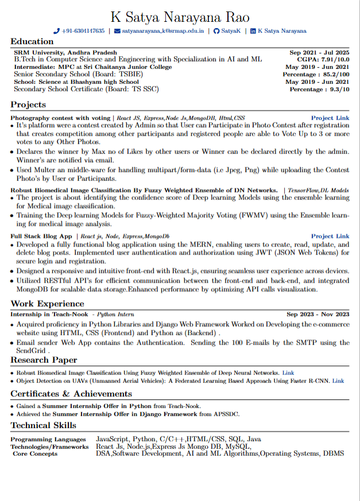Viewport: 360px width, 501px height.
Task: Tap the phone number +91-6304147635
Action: point(83,31)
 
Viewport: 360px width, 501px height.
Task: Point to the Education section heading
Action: point(32,41)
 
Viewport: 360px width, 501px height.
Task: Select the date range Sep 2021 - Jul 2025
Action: point(319,52)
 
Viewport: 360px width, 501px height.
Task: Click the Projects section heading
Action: point(28,105)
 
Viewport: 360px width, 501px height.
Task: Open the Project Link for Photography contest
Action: point(330,117)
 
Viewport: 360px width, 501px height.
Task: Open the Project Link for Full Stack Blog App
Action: point(330,236)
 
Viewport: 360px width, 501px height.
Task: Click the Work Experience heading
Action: point(47,304)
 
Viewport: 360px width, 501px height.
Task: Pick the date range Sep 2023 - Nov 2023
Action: point(318,314)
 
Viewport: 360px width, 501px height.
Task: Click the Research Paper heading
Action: point(44,360)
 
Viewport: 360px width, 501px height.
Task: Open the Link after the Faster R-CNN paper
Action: point(338,380)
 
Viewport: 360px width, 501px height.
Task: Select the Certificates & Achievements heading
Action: point(71,394)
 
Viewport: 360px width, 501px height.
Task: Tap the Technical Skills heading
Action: point(43,426)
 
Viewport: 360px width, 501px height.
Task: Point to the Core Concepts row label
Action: point(35,454)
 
